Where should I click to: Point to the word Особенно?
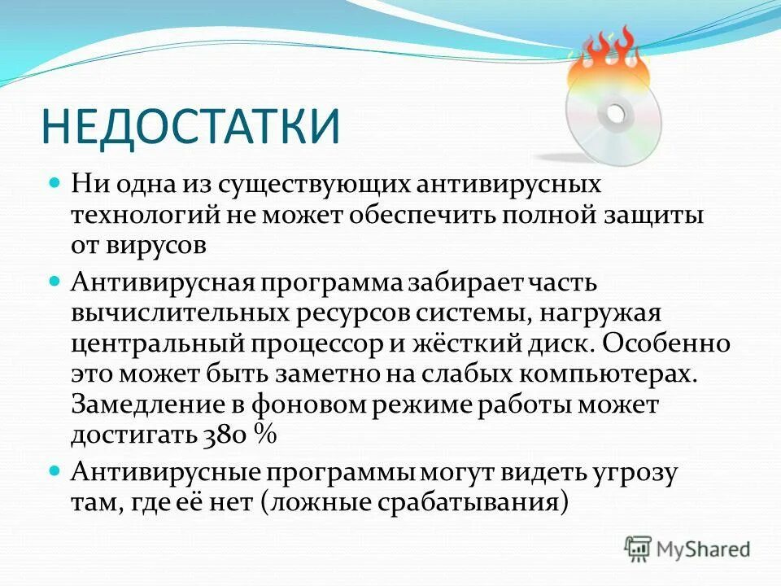pyautogui.click(x=667, y=342)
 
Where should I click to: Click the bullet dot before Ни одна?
pyautogui.click(x=55, y=183)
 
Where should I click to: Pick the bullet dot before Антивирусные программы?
pyautogui.click(x=55, y=471)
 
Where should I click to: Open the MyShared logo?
pyautogui.click(x=687, y=549)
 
